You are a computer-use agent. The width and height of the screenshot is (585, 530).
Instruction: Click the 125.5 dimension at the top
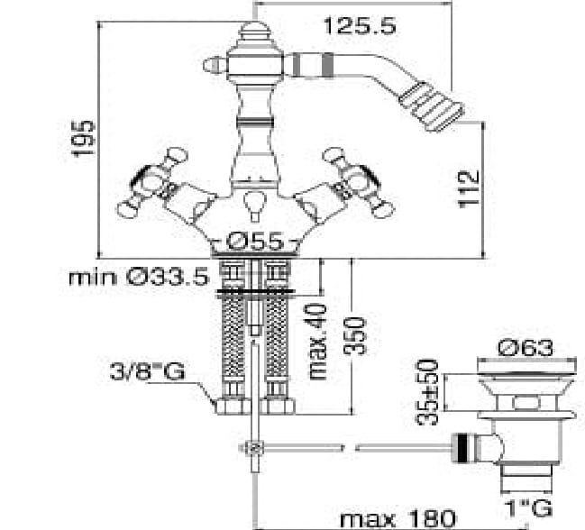coord(360,26)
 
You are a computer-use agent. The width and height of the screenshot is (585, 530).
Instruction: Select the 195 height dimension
coord(83,139)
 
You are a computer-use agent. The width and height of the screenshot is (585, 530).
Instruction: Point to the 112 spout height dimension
coord(468,187)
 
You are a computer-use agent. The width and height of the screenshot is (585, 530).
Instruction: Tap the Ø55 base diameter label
coord(256,242)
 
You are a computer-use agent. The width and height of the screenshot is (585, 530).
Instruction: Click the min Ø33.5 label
coord(139,277)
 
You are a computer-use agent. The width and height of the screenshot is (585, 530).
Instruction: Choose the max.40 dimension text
coord(317,342)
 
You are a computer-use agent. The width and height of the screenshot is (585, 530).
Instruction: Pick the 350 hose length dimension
coord(355,335)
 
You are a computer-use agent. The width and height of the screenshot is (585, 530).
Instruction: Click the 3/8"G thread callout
coord(147,371)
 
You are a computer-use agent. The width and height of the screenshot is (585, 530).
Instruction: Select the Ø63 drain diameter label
coord(526,348)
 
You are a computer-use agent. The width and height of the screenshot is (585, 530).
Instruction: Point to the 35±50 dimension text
coord(427,391)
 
